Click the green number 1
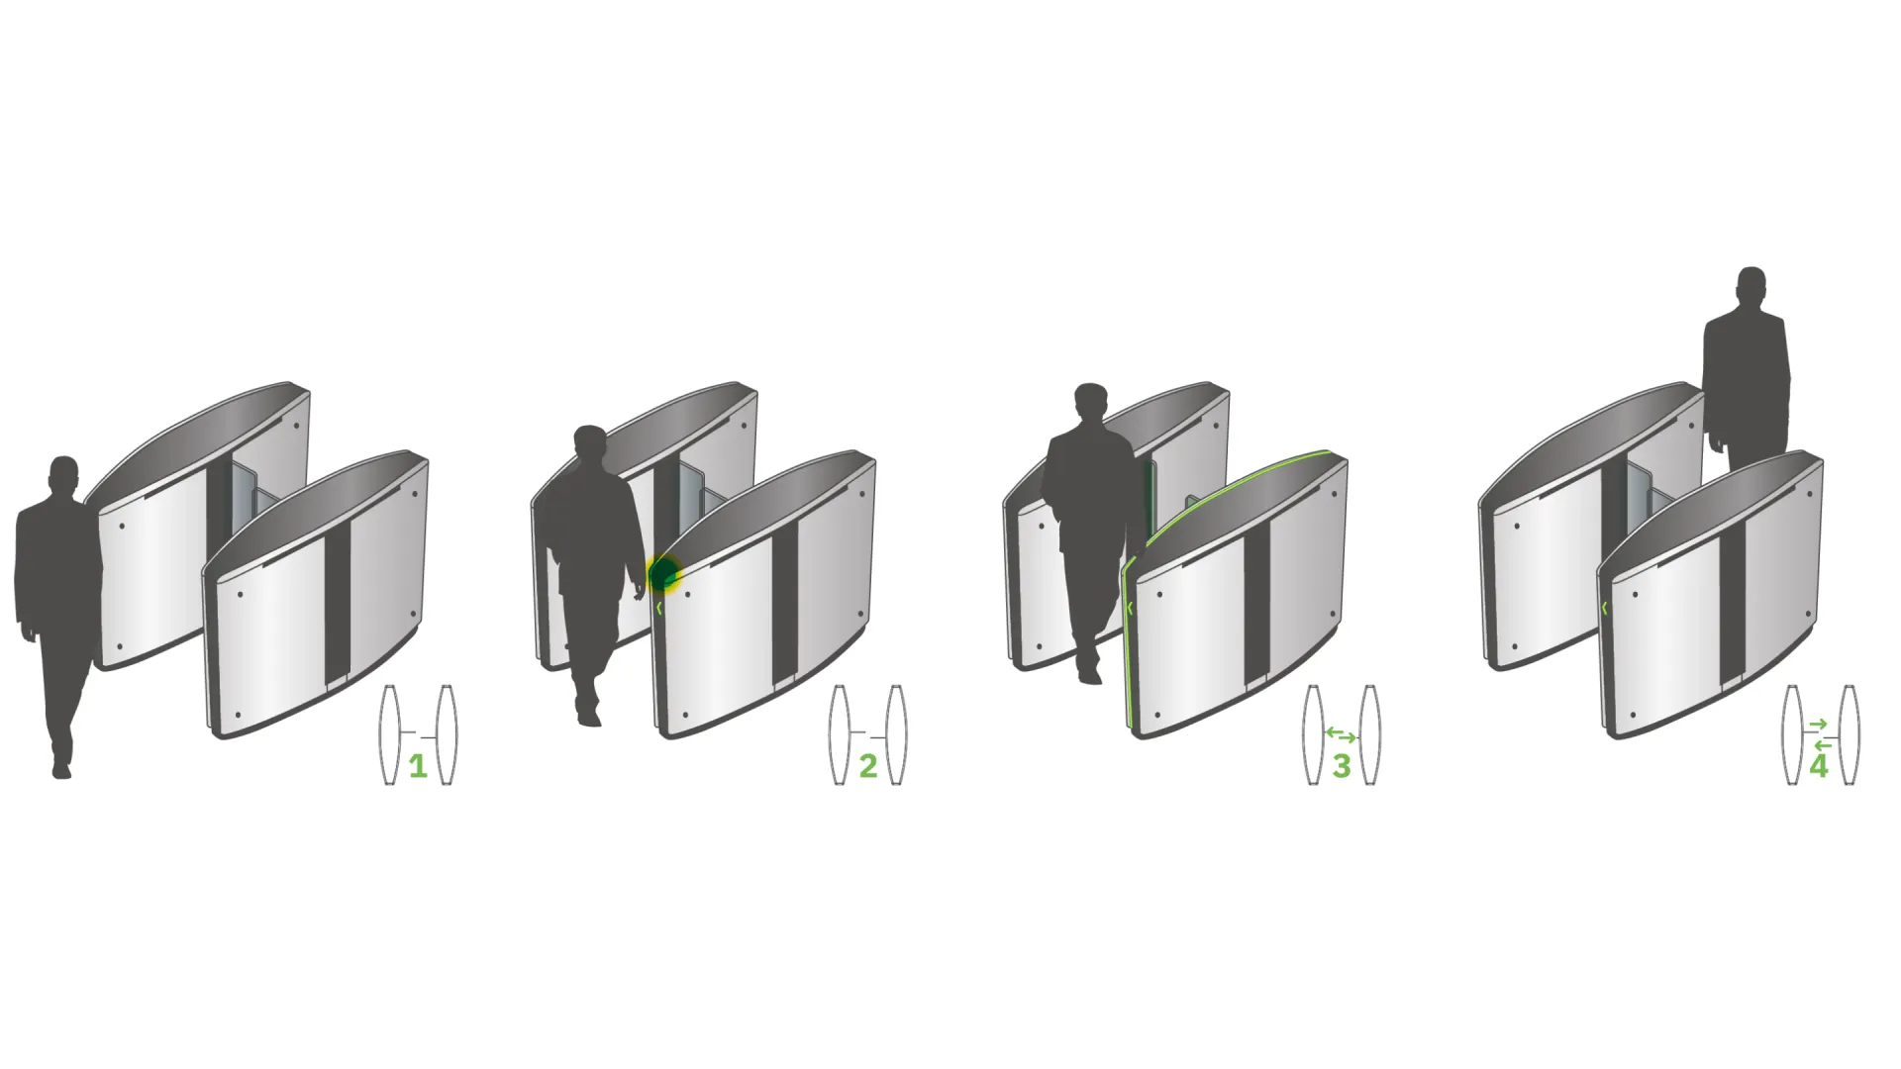point(418,766)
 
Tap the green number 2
point(868,766)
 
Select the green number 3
point(1342,766)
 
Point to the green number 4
point(1819,766)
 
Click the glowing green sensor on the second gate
point(663,574)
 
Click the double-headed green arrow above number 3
point(1342,734)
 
